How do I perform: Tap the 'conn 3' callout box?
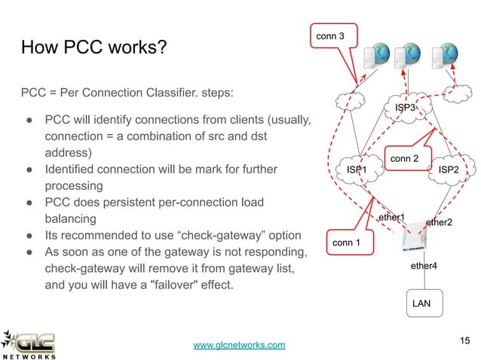tap(332, 35)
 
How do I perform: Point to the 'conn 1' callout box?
tap(347, 243)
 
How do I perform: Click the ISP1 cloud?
tap(357, 171)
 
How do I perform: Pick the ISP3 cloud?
tap(405, 108)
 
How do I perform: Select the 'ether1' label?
tap(391, 218)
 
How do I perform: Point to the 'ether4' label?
tap(423, 267)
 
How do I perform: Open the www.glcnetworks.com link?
tap(239, 345)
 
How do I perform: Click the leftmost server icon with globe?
tap(377, 56)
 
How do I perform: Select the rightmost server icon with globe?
tap(443, 56)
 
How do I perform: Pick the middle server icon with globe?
tap(410, 56)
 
